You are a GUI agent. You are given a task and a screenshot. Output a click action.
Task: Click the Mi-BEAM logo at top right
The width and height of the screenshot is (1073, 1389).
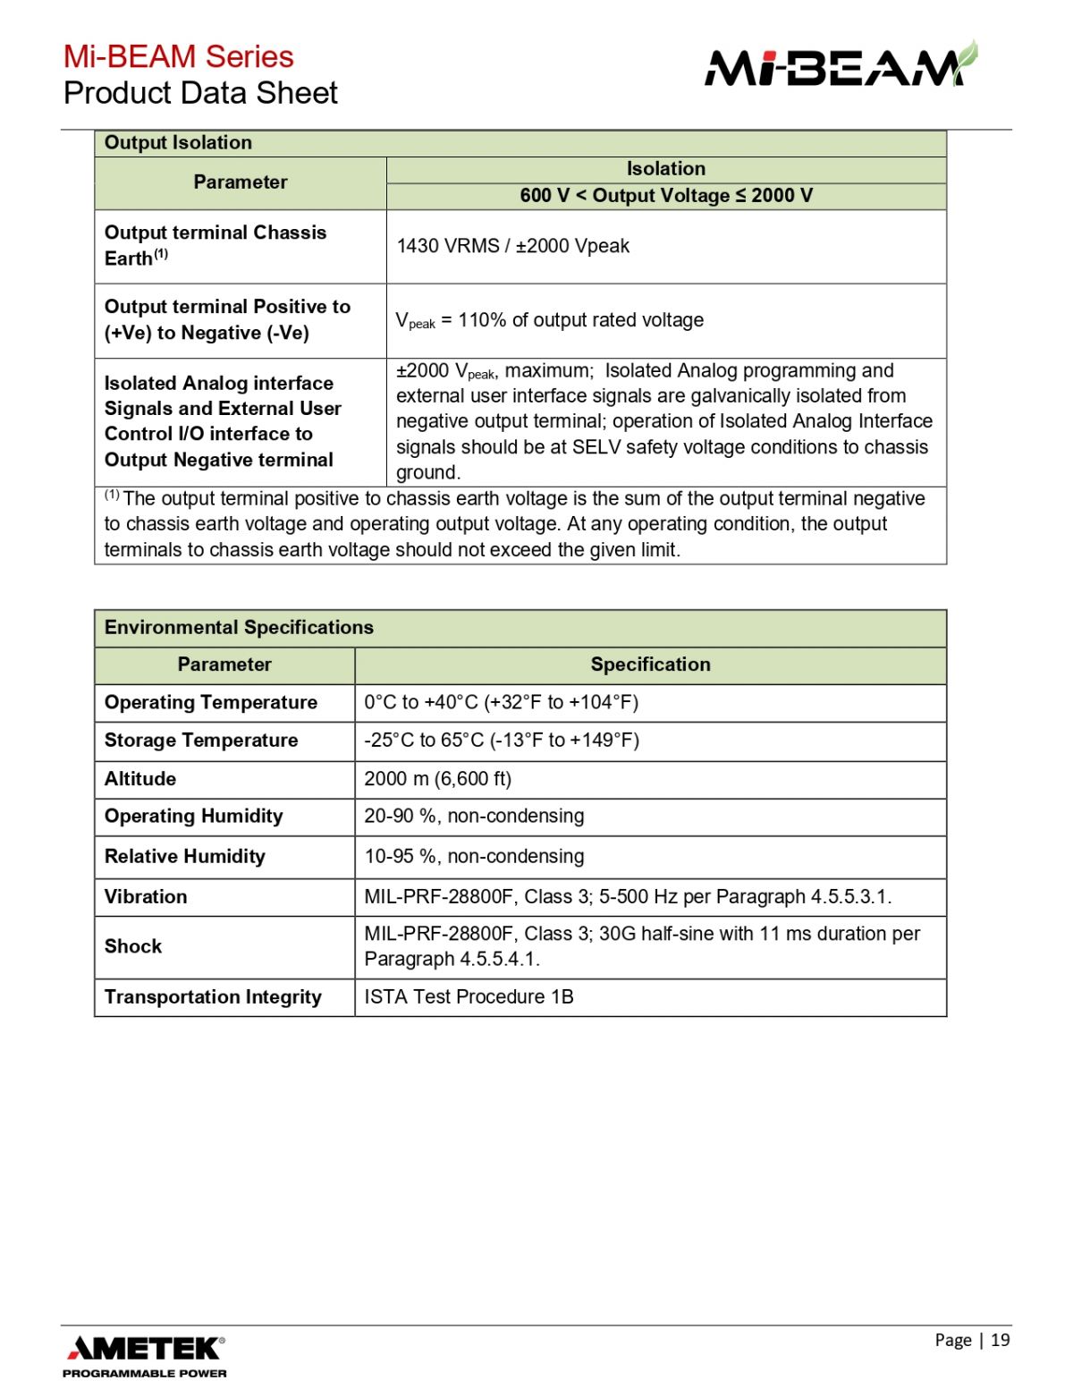point(841,65)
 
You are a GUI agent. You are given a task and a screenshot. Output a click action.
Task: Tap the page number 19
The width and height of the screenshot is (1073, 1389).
point(1000,1340)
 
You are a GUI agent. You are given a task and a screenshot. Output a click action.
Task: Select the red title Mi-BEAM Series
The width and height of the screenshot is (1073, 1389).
point(178,56)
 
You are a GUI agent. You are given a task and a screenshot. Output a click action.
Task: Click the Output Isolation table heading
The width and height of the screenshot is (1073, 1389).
point(178,143)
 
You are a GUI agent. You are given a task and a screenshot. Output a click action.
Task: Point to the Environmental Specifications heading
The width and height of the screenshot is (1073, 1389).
point(239,628)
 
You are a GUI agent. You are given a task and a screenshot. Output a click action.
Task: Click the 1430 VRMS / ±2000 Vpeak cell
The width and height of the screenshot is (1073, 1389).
point(512,246)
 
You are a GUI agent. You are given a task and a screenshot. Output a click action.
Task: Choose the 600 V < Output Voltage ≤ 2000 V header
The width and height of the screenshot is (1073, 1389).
point(666,196)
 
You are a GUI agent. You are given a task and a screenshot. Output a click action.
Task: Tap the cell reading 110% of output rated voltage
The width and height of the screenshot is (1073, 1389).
point(549,320)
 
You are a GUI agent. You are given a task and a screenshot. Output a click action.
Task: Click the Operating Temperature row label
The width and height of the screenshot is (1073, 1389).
point(211,703)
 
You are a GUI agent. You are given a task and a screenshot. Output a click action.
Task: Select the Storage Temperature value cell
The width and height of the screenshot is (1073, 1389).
point(502,741)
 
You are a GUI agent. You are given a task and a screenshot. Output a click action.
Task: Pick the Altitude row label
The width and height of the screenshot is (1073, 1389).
point(140,779)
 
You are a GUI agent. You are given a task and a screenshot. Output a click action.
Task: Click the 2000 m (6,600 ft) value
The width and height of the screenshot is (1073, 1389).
point(437,779)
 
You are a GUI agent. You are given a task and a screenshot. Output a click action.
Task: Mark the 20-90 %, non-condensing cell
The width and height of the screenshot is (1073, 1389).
point(474,817)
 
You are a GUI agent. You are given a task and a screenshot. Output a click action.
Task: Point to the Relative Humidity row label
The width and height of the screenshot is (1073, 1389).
point(185,857)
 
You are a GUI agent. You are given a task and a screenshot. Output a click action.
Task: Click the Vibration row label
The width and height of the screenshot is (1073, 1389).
point(146,897)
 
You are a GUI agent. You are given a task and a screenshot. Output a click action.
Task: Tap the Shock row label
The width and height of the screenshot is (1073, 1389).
point(133,946)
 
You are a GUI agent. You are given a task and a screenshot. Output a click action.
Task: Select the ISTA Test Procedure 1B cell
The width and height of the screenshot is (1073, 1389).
point(469,997)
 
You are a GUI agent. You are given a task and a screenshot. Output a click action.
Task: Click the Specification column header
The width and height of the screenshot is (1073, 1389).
point(650,665)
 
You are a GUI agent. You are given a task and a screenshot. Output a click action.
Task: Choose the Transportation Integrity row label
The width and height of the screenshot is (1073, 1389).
point(213,997)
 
